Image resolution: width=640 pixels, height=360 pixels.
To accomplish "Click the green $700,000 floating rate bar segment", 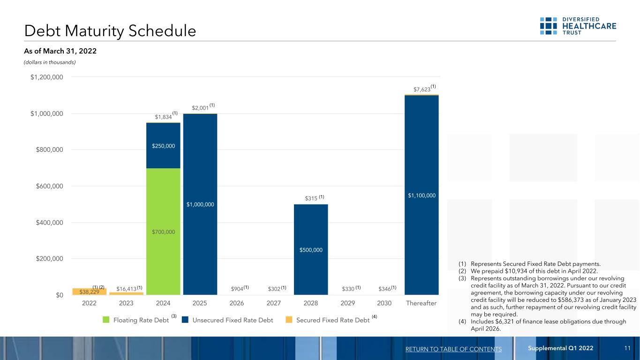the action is click(x=163, y=232).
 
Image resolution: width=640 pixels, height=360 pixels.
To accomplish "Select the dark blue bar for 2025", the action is click(x=200, y=204).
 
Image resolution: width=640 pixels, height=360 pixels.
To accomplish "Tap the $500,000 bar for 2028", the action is click(x=311, y=249).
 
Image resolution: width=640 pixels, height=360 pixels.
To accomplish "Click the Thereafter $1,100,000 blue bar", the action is click(x=422, y=195).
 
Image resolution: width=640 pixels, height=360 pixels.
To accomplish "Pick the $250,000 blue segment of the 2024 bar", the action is click(x=163, y=146).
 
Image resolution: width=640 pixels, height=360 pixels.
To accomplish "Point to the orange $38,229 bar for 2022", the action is click(x=90, y=292).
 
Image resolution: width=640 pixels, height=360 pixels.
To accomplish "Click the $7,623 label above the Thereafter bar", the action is click(x=422, y=90).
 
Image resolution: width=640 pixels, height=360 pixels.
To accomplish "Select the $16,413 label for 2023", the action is click(x=126, y=289).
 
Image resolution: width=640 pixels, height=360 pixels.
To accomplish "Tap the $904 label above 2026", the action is click(x=237, y=289).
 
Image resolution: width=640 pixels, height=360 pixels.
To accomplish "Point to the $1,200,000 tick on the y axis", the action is click(x=47, y=77).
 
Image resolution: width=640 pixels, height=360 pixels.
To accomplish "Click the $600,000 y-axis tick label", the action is click(x=49, y=186).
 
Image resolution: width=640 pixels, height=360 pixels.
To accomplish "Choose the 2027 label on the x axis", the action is click(x=274, y=303).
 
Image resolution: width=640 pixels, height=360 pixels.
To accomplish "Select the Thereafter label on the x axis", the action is click(x=422, y=303).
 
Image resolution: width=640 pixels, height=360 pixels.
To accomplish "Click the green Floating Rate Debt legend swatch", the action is click(x=106, y=320).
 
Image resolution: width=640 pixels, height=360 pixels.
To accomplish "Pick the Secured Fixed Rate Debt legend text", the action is click(x=333, y=320).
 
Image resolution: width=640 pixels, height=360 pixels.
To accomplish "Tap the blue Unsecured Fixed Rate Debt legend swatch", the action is click(x=185, y=320).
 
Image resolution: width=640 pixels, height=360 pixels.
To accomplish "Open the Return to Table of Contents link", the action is click(x=453, y=349).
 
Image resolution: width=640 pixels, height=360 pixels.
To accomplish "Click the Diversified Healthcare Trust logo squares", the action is click(x=548, y=26).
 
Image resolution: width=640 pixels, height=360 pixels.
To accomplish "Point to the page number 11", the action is click(x=627, y=348).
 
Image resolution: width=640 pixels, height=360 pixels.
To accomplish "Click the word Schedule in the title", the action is click(x=162, y=31).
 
